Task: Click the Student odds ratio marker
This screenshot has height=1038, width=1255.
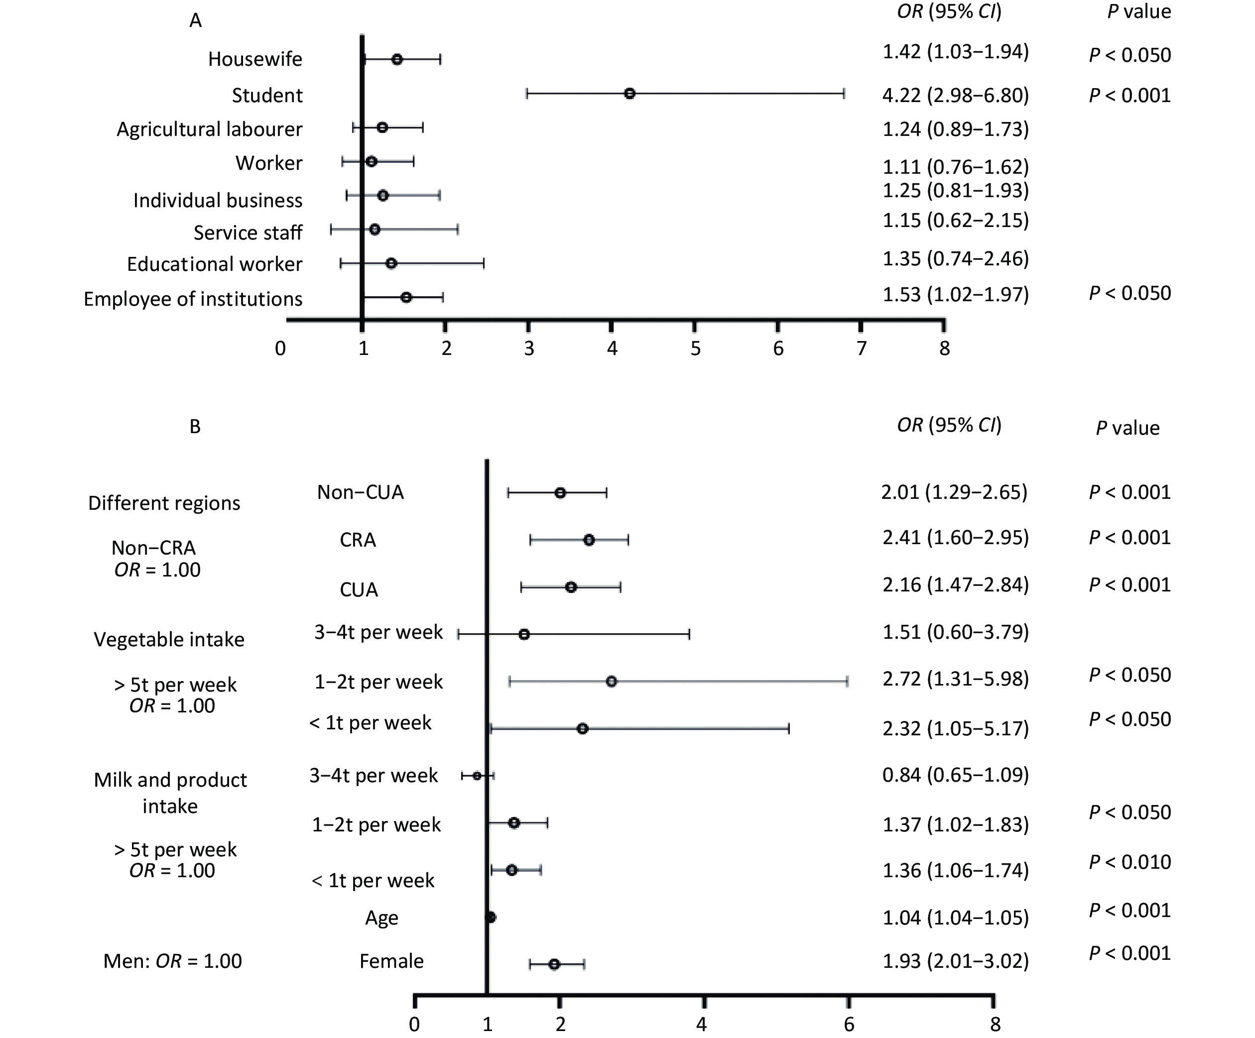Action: pos(629,94)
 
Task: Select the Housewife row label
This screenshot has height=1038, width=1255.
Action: pos(255,59)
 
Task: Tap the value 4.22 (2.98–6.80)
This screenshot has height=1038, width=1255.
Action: pos(956,96)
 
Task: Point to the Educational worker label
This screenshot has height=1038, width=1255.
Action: pos(215,264)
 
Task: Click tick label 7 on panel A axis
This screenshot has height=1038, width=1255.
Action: pos(861,348)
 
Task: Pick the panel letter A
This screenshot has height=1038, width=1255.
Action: pos(195,21)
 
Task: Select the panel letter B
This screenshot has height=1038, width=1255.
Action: pos(195,427)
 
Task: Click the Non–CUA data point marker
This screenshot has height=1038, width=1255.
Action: pos(560,493)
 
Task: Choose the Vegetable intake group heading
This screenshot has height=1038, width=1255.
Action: pos(169,640)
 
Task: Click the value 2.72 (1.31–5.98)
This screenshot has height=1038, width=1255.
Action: pos(956,679)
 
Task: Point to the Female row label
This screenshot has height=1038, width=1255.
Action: pos(391,961)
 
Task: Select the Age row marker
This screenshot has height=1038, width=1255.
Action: pos(491,918)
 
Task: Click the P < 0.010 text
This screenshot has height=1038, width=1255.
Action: pos(1129,862)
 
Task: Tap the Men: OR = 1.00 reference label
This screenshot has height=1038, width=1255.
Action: pos(173,961)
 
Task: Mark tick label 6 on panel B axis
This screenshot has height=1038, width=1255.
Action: pos(849,1025)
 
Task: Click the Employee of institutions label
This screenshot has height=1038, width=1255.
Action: pos(193,299)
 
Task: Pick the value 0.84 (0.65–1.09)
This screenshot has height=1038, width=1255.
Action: pos(956,775)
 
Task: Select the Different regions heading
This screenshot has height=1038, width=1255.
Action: pos(164,503)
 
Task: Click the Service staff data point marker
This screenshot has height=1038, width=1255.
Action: pos(375,230)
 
